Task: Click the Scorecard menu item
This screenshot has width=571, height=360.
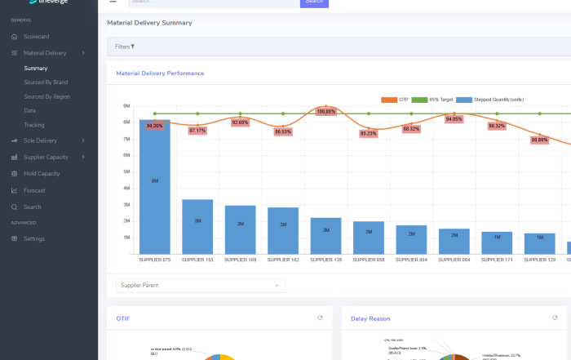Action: (36, 37)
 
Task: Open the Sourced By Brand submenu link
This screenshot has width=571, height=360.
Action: (46, 82)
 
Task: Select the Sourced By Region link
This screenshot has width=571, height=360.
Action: (46, 96)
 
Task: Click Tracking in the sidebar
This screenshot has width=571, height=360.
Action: (34, 125)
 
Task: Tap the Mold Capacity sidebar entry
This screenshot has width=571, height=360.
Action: (42, 174)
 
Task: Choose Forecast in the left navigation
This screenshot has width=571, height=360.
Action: (35, 190)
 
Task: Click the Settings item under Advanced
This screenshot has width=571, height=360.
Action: (34, 238)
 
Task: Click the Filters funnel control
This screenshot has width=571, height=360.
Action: (125, 47)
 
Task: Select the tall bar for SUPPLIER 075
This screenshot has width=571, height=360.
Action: (155, 188)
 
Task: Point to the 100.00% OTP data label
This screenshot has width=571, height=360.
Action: (325, 111)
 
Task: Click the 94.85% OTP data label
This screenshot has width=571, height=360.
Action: (454, 119)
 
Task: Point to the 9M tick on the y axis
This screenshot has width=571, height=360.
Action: (126, 106)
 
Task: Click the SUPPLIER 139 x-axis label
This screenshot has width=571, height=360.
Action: (325, 260)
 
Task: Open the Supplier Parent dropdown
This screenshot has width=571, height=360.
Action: (200, 285)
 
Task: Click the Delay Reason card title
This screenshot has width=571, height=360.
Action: (370, 318)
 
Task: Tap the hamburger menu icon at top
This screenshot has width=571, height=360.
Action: (113, 2)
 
